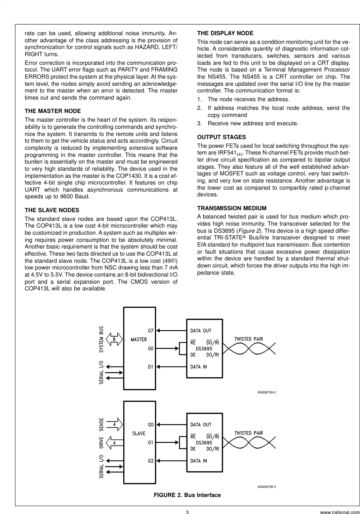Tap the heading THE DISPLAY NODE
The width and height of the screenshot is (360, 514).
click(x=225, y=33)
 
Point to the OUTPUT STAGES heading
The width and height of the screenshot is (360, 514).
click(x=221, y=137)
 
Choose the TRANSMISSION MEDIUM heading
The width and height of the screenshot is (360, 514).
click(x=232, y=208)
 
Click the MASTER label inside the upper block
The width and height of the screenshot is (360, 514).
click(x=139, y=339)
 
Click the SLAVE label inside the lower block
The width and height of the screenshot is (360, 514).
click(x=139, y=433)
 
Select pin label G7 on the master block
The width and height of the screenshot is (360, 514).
click(x=151, y=330)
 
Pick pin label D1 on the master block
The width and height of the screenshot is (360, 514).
click(x=151, y=367)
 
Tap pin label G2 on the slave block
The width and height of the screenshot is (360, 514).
click(x=151, y=461)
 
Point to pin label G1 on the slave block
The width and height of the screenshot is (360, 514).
click(x=151, y=443)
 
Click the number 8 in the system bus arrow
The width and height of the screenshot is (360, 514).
click(x=114, y=339)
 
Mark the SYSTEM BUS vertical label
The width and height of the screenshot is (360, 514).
click(x=102, y=339)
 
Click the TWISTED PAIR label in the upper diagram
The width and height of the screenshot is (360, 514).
click(x=249, y=339)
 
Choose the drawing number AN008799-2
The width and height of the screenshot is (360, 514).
click(x=266, y=392)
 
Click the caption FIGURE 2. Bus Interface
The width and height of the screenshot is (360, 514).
click(x=187, y=495)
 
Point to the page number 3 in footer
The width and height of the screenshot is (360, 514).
click(x=187, y=512)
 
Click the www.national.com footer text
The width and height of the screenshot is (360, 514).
click(x=340, y=512)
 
